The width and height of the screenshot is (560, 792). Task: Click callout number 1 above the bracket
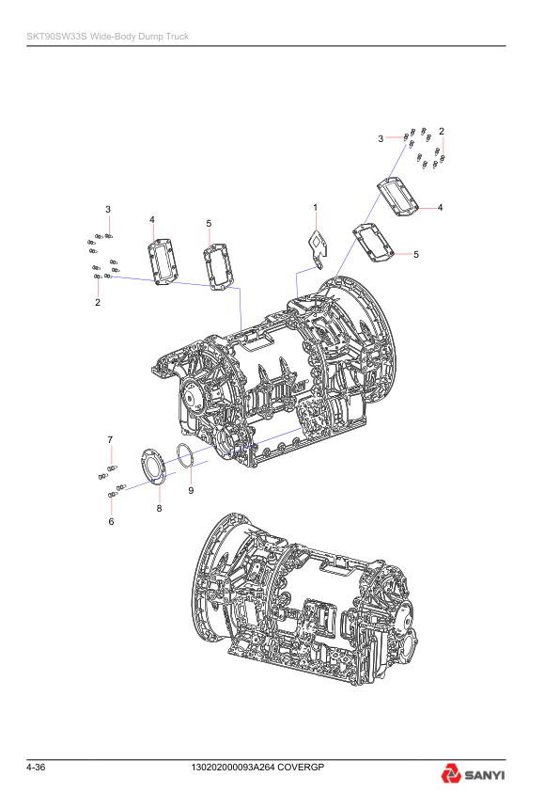pos(315,207)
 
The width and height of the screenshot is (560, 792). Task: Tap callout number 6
pos(111,521)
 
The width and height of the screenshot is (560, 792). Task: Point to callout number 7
pos(110,439)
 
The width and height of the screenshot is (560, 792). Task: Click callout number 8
pos(159,508)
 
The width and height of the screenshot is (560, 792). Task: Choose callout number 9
pos(190,491)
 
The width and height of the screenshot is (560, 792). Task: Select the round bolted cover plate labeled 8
pos(152,467)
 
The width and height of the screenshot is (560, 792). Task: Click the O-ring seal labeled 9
pos(185,456)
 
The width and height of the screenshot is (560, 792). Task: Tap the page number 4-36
pos(37,768)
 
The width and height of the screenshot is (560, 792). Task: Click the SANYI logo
pos(473,775)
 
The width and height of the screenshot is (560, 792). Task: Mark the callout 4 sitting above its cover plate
pos(151,219)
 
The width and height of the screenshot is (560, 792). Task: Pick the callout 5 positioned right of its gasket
pos(416,254)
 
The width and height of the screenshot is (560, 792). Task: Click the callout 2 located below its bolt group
pos(98,303)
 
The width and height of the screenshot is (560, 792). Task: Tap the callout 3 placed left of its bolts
pos(381,138)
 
